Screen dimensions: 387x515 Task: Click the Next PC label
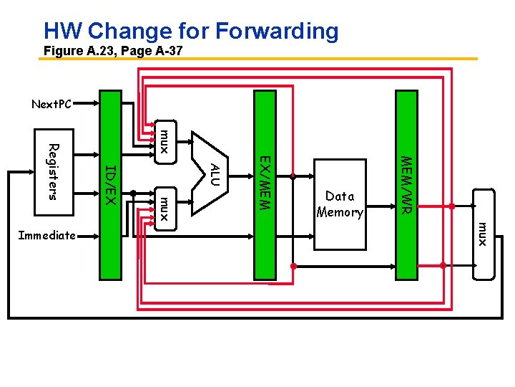[51, 105]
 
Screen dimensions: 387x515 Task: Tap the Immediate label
[47, 235]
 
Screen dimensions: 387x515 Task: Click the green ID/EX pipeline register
[110, 184]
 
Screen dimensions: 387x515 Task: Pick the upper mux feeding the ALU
[165, 141]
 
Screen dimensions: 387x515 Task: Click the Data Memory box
[340, 204]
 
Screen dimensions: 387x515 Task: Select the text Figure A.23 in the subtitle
[77, 52]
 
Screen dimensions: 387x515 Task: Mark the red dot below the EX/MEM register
[293, 266]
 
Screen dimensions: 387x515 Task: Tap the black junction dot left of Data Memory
[293, 176]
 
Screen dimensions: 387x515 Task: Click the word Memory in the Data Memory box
[340, 212]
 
